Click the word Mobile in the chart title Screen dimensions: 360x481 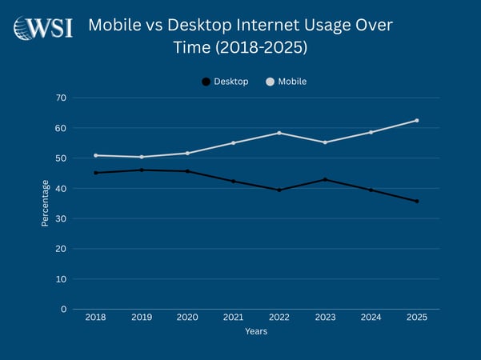115,25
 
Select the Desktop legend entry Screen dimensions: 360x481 225,82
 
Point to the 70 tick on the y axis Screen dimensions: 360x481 61,98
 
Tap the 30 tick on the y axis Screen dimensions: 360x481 61,218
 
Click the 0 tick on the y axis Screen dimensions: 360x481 63,309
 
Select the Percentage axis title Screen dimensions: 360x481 46,203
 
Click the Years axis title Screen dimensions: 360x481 256,331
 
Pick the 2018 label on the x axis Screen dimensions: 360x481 95,318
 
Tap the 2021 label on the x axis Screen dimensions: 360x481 233,318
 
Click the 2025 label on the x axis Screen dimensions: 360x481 416,318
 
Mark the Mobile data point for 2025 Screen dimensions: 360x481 416,121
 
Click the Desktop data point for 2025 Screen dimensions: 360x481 416,201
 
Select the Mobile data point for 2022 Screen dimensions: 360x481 279,133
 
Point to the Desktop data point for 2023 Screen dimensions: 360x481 325,179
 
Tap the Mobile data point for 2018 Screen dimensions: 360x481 95,155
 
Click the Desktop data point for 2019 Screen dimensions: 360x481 142,170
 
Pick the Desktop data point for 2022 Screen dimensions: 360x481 279,190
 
